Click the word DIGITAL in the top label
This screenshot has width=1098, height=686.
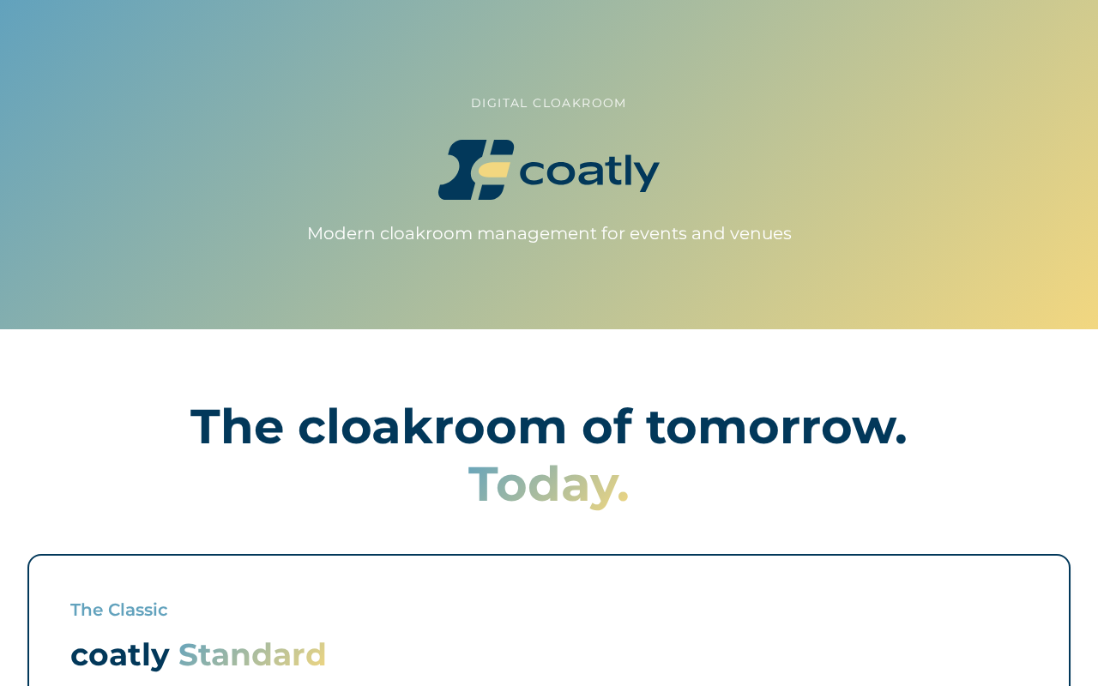pos(499,104)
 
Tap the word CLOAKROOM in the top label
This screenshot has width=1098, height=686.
pos(579,104)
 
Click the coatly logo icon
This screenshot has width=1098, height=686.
pos(476,170)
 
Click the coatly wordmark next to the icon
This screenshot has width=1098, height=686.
pos(589,172)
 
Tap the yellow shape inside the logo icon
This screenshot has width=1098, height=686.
pos(493,170)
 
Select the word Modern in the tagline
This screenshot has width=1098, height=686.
pos(341,234)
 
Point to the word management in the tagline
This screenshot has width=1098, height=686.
pos(537,235)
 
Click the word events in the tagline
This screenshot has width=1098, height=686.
pos(658,234)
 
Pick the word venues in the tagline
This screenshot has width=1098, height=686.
pos(760,234)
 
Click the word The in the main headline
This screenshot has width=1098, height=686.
pos(237,427)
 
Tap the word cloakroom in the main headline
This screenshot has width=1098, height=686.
pos(431,427)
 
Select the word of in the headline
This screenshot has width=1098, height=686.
pos(606,427)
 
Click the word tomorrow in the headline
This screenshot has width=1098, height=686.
pos(770,428)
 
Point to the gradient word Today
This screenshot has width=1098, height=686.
pos(543,485)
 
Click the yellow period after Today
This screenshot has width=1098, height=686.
pos(623,496)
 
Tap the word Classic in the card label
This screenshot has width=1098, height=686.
pos(138,610)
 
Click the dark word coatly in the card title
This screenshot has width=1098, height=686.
pos(120,655)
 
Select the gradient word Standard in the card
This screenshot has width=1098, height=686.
pos(252,654)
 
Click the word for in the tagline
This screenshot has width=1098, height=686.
pos(612,234)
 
